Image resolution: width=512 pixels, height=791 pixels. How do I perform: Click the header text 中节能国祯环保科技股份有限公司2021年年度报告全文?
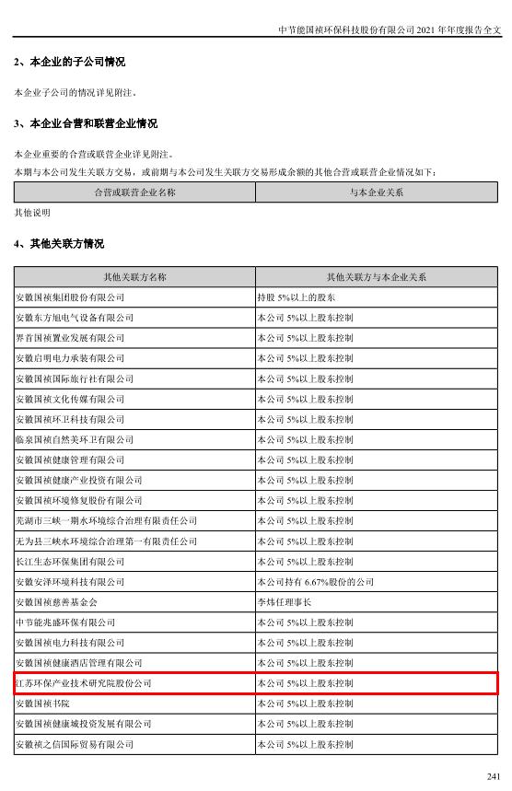pos(390,29)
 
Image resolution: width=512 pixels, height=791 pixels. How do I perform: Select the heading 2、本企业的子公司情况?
pos(69,62)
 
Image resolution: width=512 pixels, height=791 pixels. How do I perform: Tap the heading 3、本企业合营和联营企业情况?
pos(85,123)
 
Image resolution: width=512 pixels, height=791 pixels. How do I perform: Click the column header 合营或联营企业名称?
pos(134,192)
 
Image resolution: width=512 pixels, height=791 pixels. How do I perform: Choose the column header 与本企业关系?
pos(376,192)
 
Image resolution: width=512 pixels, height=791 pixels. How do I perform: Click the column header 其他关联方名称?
pos(134,277)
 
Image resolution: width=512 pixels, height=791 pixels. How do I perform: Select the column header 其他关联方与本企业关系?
pos(376,277)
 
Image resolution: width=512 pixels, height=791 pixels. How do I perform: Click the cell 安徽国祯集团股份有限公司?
pos(71,297)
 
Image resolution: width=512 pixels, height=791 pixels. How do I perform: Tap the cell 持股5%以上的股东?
pos(296,297)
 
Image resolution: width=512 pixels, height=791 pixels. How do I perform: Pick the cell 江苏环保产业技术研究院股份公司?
pos(84,683)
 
